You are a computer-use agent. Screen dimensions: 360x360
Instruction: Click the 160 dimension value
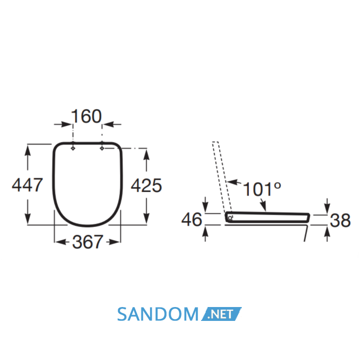[86, 116]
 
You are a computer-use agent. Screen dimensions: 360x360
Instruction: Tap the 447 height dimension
[27, 185]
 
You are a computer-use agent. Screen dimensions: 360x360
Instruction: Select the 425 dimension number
[147, 185]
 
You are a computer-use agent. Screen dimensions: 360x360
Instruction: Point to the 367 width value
[87, 242]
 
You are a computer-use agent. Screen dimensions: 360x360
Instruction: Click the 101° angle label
[262, 189]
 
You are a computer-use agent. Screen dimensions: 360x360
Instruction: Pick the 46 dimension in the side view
[192, 220]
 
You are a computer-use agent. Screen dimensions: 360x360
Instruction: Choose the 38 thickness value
[340, 221]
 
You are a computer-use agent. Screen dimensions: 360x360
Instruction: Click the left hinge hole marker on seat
[73, 148]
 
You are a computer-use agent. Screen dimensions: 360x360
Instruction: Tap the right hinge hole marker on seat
[102, 148]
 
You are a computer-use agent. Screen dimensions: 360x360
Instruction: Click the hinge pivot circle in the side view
[230, 217]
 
